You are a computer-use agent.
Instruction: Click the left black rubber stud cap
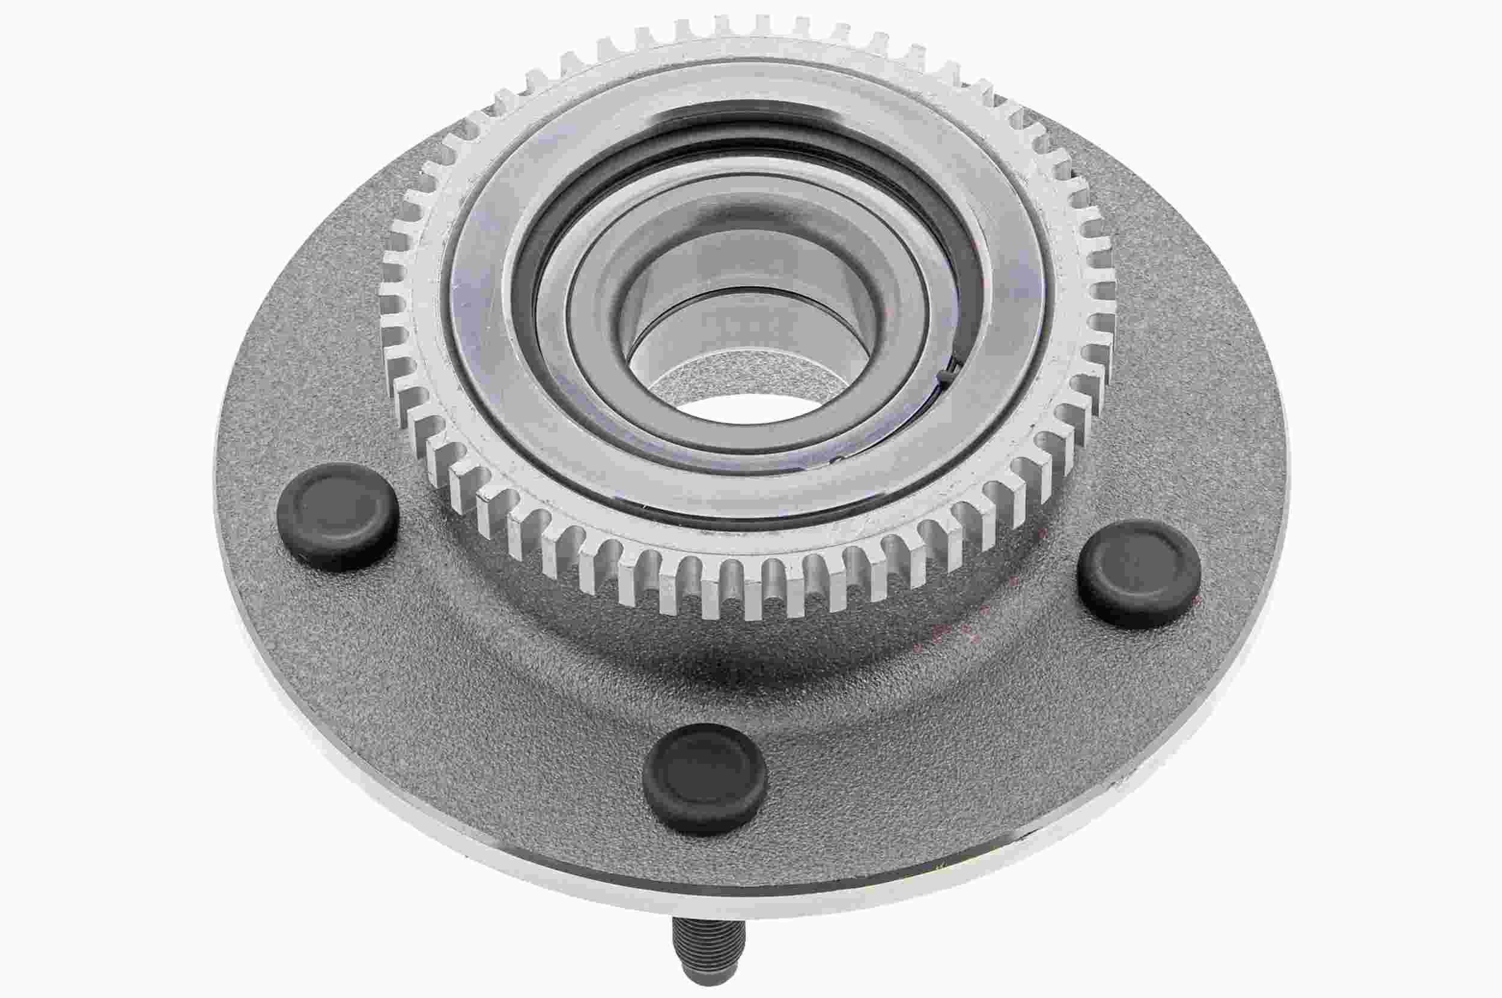(x=338, y=516)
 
